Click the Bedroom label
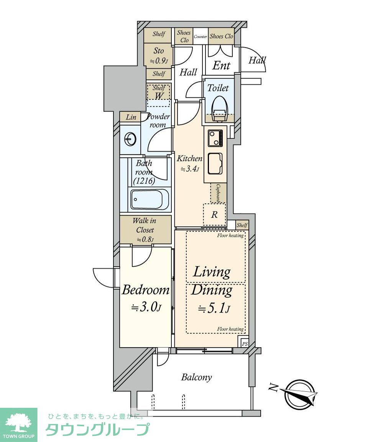[x=145, y=290]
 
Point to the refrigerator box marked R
[x=215, y=215]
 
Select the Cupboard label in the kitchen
[x=219, y=193]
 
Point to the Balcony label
[x=196, y=377]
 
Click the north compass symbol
[x=299, y=392]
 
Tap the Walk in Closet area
[x=145, y=230]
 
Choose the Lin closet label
[x=131, y=117]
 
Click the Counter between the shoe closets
[x=201, y=36]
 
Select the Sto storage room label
[x=158, y=51]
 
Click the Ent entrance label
[x=222, y=65]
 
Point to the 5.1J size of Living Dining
[x=214, y=308]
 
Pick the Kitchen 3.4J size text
[x=190, y=169]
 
